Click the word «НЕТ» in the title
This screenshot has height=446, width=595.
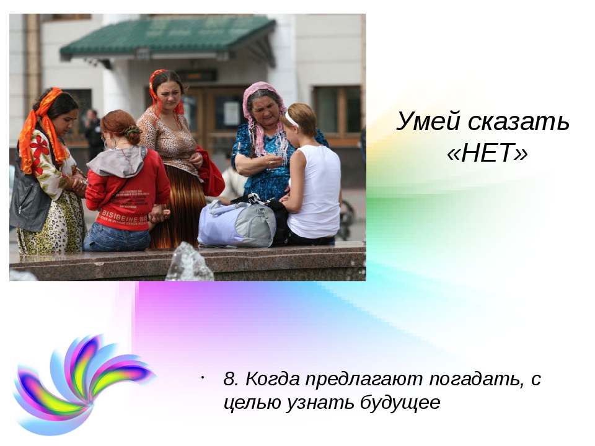tap(488, 153)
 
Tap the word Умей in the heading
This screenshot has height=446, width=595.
tap(428, 122)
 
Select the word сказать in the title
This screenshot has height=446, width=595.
tap(518, 122)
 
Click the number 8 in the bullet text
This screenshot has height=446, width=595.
tap(231, 378)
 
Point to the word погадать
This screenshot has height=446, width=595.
tap(474, 379)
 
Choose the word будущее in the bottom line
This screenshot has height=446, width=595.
tap(400, 403)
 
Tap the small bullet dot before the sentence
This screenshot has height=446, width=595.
tap(203, 377)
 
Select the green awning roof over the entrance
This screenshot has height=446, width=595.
tap(169, 36)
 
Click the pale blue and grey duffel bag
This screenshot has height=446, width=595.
tap(236, 224)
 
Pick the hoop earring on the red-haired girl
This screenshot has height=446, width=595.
tap(109, 142)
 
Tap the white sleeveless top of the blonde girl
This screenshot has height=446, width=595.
tap(314, 191)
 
